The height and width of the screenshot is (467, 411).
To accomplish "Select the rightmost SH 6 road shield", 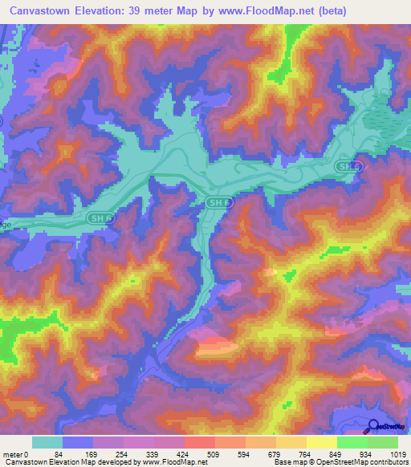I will point(345,165).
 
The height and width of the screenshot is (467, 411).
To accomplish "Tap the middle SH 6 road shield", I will point(218,203).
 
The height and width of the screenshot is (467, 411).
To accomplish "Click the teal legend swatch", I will point(47,442).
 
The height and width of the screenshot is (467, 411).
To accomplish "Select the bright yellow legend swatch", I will point(321,442).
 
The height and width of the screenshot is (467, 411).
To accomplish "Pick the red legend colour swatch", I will point(199,442).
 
